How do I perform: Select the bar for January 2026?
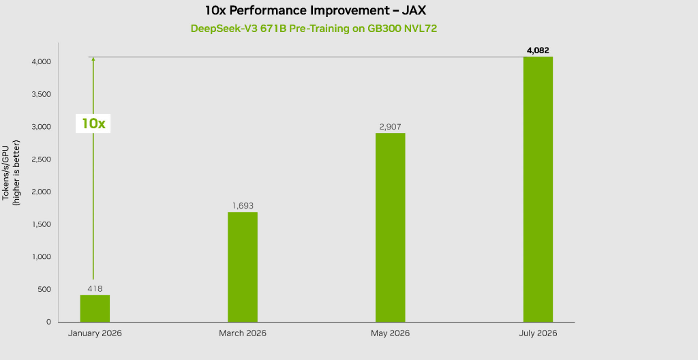[95, 308]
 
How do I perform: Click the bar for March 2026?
[243, 267]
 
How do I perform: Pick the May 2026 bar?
[391, 227]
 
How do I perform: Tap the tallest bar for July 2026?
[538, 190]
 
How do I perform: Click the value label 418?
[95, 288]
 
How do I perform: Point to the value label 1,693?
[243, 206]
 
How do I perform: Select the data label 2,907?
[391, 127]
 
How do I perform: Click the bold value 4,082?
[538, 50]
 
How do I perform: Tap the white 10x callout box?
[93, 123]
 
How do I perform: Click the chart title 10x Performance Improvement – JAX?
[316, 10]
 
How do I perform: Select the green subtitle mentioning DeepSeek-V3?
[314, 29]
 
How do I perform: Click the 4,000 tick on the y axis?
[41, 61]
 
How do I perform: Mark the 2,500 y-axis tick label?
[41, 159]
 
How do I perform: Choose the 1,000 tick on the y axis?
[42, 256]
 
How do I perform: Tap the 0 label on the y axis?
[48, 322]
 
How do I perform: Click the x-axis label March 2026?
[243, 333]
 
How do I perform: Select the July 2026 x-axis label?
[538, 333]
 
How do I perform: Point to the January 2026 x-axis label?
[95, 333]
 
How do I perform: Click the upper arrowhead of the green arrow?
[93, 59]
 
